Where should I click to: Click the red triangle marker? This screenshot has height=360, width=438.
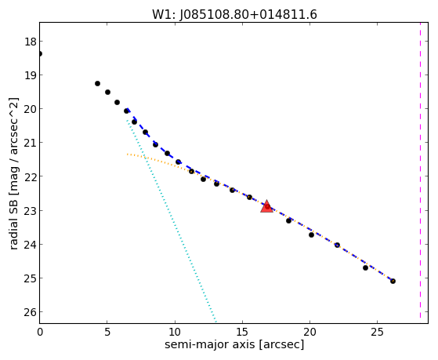266,206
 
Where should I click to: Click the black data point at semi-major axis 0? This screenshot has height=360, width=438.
40,53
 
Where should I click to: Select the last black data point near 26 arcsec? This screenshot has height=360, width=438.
393,281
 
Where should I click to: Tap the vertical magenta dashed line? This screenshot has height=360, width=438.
420,170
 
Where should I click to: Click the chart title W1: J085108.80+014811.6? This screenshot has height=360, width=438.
234,15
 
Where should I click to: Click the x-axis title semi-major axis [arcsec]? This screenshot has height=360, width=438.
234,344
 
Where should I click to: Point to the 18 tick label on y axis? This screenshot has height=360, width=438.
31,42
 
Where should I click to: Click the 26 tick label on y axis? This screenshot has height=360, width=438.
31,312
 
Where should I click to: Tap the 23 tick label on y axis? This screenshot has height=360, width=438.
31,211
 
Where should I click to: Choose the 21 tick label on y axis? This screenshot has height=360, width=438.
31,143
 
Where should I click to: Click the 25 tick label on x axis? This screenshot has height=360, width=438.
377,332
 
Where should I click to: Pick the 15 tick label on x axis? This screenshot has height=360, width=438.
242,332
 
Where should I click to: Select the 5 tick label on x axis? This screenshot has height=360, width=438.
107,332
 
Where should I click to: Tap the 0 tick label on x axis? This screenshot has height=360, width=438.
40,332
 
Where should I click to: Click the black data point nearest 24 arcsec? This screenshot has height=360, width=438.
365,267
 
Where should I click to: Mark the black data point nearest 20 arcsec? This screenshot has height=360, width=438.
311,235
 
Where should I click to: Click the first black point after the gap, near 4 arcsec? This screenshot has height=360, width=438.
97,83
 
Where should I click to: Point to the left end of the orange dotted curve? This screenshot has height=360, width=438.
127,155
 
